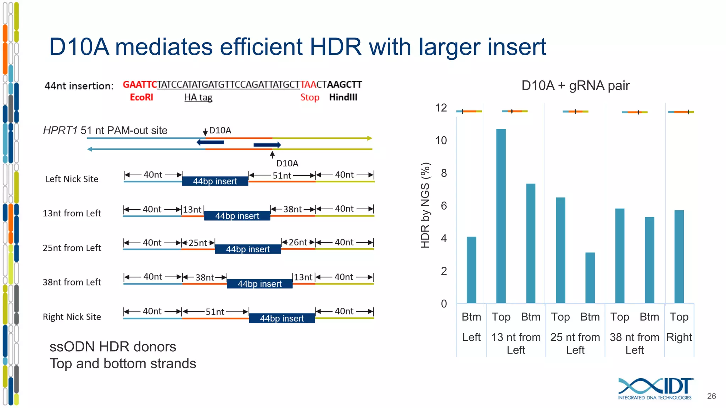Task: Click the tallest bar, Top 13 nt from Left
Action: (x=501, y=216)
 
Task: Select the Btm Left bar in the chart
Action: (x=471, y=270)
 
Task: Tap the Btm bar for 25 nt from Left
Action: (x=590, y=278)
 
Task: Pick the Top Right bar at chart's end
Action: (x=679, y=257)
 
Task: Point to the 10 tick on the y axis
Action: (x=441, y=141)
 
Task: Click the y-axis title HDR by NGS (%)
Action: (x=425, y=205)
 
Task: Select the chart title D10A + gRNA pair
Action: (x=575, y=86)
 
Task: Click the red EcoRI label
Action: (x=141, y=97)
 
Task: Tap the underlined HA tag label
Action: (x=198, y=97)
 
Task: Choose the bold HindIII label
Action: (x=343, y=97)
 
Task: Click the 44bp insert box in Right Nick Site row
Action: (x=282, y=318)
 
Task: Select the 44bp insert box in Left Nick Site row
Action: (x=215, y=181)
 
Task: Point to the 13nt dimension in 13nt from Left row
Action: (x=192, y=210)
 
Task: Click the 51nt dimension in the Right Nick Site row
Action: (x=215, y=312)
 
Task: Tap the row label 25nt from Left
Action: (x=72, y=248)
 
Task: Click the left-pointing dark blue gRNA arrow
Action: (x=210, y=142)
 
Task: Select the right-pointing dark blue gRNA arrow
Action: (x=267, y=145)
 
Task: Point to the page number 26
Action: (x=711, y=396)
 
